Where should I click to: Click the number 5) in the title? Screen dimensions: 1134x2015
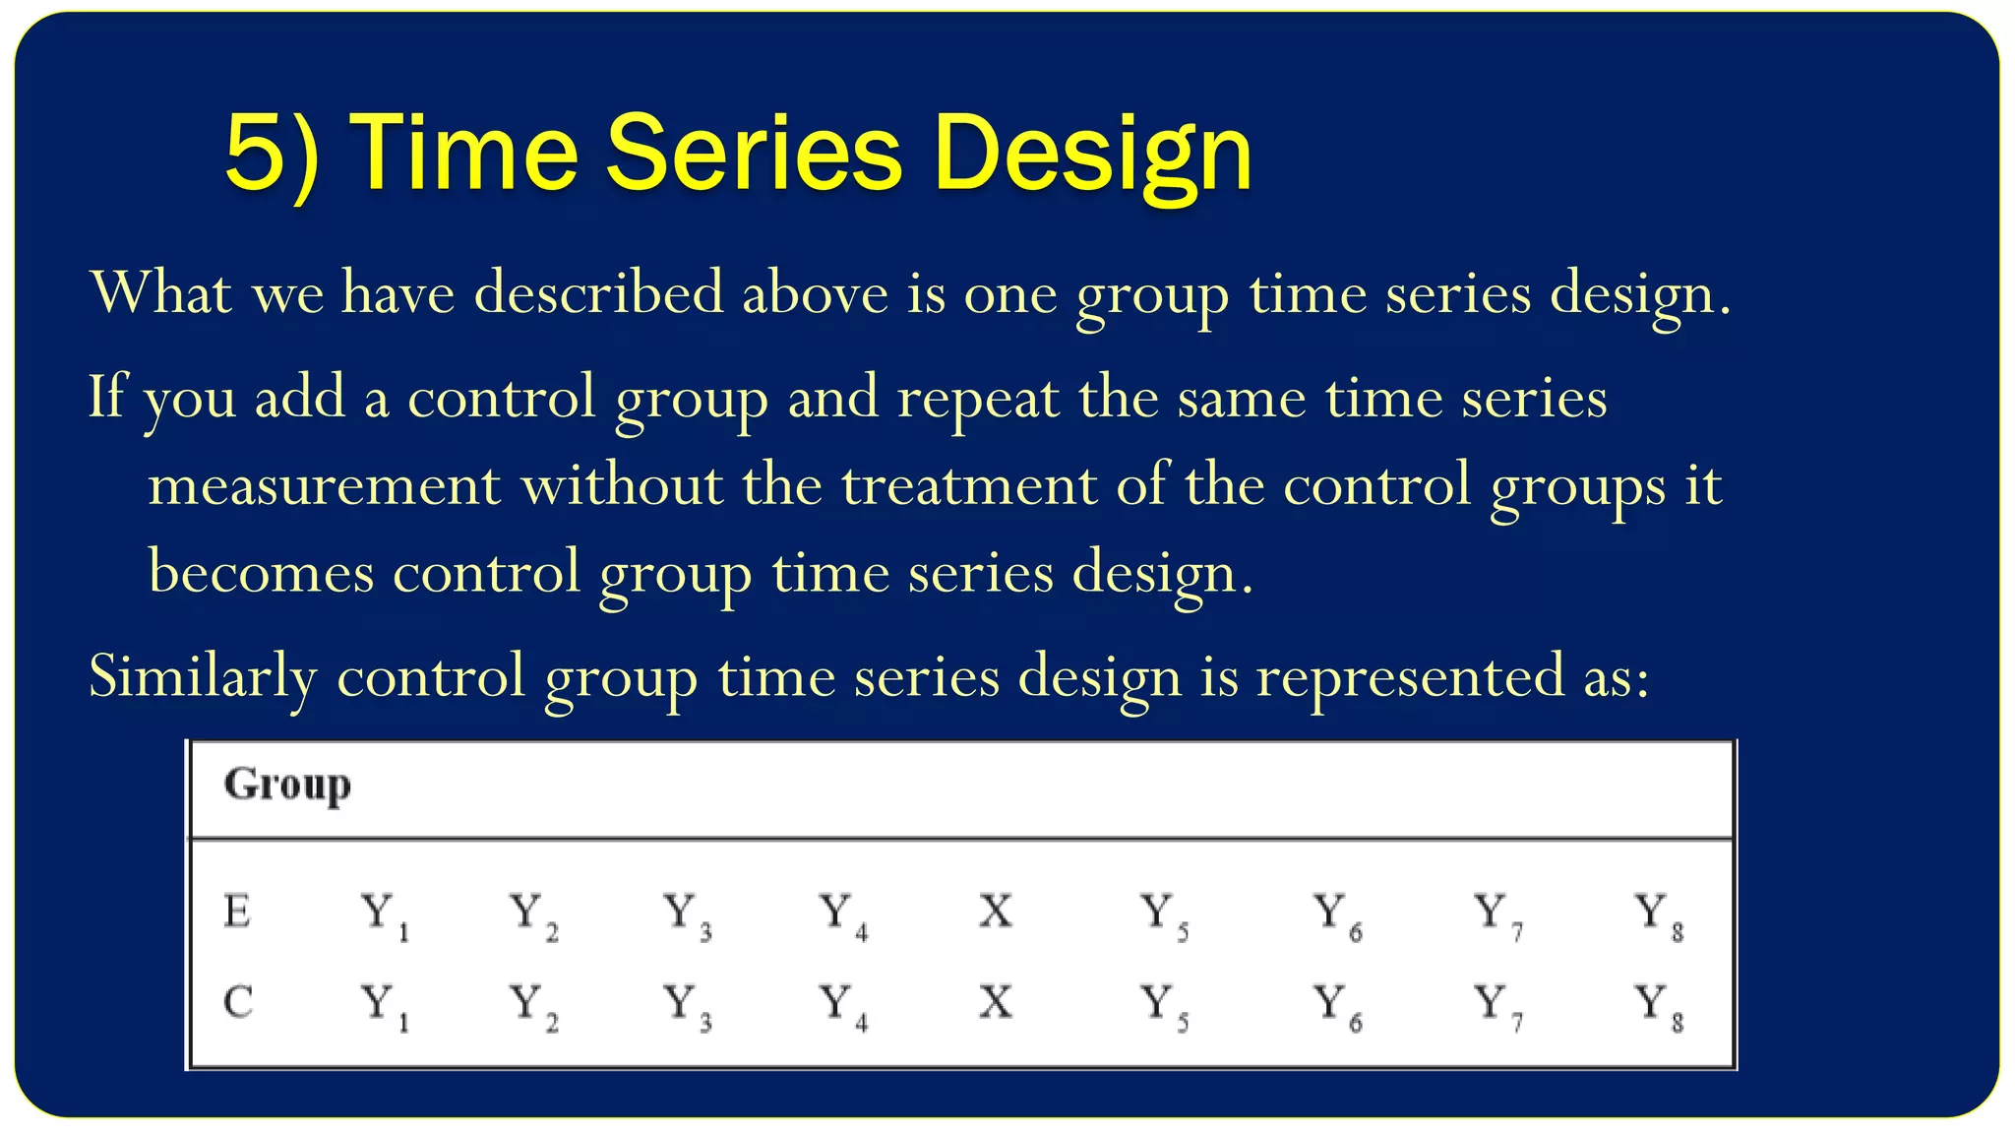click(272, 153)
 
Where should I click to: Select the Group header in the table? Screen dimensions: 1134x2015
click(286, 785)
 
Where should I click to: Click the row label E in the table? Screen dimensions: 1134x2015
click(237, 912)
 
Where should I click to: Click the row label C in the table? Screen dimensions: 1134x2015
click(238, 1003)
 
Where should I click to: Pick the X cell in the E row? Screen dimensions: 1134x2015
click(995, 912)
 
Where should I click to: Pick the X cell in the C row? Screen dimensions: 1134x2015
click(995, 1003)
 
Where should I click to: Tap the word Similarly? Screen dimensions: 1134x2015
click(202, 677)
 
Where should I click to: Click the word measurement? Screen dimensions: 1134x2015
click(324, 485)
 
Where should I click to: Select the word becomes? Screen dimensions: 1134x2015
click(261, 572)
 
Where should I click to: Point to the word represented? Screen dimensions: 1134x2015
click(1409, 677)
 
